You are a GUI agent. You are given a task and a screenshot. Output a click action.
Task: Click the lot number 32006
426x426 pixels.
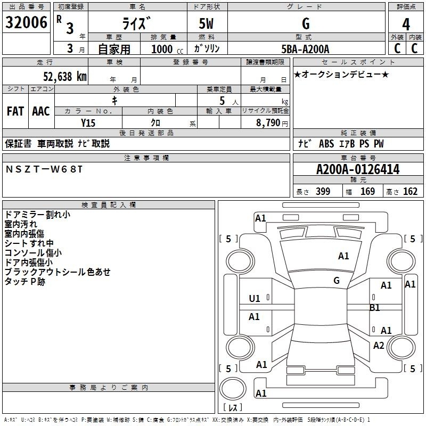tap(26, 22)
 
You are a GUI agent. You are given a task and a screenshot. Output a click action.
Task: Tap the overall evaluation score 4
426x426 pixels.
tap(406, 24)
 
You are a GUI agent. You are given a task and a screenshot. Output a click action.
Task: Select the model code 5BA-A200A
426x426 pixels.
tap(305, 49)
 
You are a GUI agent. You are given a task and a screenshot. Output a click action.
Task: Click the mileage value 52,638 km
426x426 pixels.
tap(65, 77)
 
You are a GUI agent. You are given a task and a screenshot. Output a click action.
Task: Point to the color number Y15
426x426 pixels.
tap(88, 123)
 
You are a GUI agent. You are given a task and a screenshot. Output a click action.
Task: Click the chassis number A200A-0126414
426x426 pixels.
tap(358, 169)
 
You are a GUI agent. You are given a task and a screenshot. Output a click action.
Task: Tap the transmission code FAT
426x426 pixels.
tap(15, 111)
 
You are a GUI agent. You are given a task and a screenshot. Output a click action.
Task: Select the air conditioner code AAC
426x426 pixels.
tap(41, 111)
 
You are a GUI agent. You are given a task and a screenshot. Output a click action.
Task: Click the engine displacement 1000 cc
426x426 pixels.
tap(167, 49)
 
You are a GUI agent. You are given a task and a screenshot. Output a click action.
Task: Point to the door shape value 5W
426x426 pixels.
tap(206, 23)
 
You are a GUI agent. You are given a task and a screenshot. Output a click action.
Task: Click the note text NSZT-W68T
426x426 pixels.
tap(44, 169)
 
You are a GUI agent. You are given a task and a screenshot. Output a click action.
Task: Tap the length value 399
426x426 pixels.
tap(323, 191)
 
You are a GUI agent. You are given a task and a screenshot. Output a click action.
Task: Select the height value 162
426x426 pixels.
tap(410, 191)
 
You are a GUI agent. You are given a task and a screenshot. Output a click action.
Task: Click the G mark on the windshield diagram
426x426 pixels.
tap(337, 280)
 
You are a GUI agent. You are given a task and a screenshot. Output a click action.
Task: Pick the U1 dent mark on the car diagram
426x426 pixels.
tap(255, 299)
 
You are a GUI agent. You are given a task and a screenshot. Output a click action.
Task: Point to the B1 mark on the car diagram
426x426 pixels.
tap(375, 308)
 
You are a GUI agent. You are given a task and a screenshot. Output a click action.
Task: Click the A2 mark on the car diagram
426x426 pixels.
tap(379, 345)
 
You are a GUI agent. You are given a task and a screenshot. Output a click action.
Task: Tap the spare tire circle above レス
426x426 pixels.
tap(233, 388)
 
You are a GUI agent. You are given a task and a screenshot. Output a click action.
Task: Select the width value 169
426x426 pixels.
tap(367, 191)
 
